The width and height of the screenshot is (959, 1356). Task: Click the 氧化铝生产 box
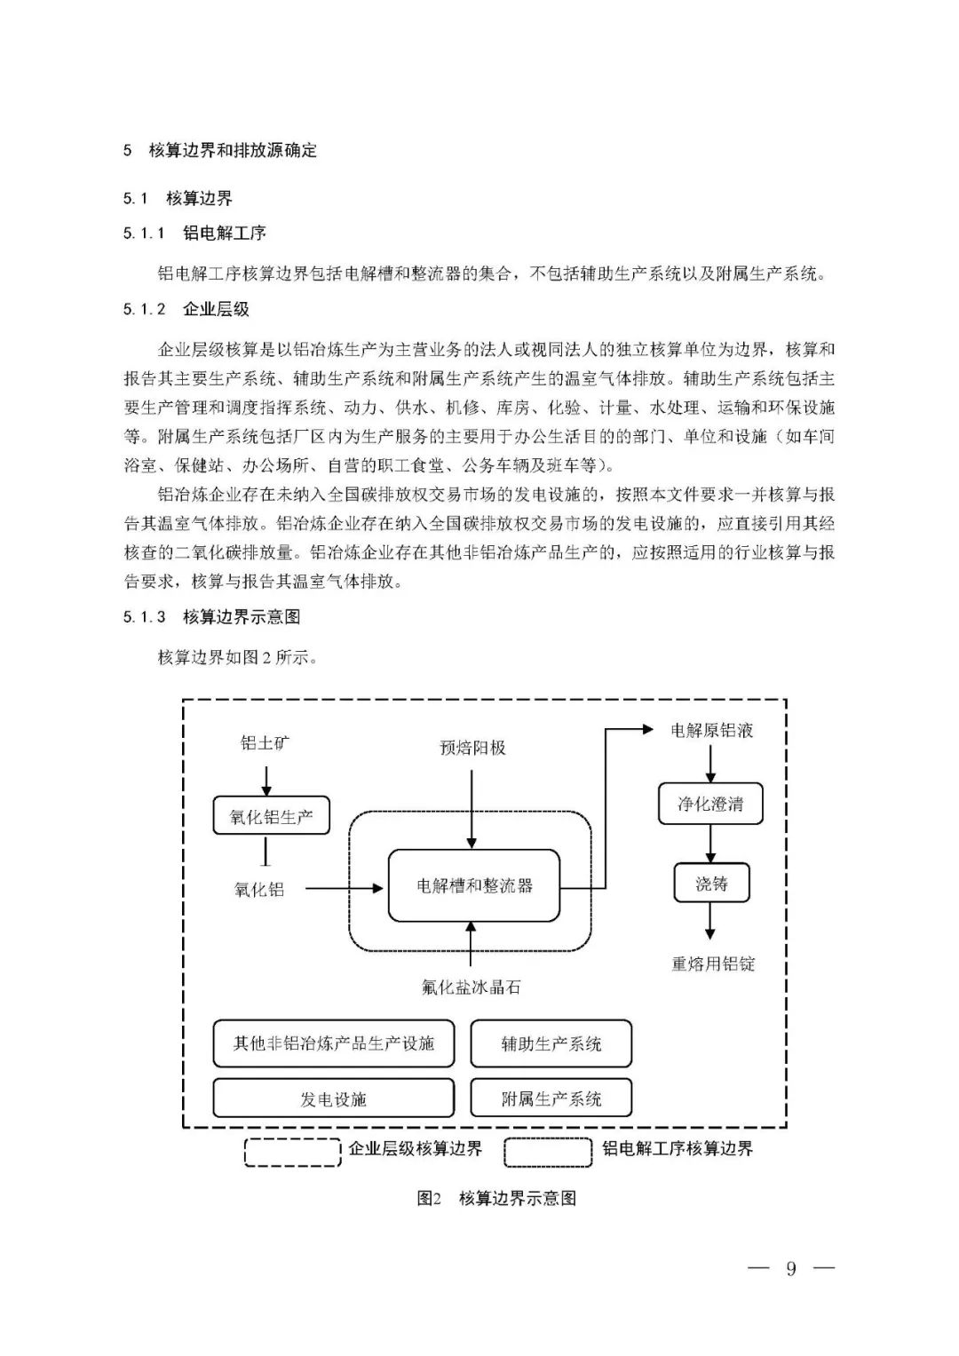click(271, 816)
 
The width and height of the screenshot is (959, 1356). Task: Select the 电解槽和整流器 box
click(474, 885)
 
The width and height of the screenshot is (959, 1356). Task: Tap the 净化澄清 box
click(709, 804)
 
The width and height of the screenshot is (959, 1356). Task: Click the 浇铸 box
click(711, 884)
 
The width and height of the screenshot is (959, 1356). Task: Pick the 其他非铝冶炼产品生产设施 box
click(334, 1043)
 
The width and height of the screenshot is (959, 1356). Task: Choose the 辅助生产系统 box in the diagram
click(551, 1043)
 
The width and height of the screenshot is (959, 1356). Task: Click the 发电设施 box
click(334, 1098)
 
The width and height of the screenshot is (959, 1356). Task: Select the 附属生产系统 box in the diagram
click(551, 1098)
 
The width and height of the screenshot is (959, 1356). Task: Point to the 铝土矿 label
click(265, 742)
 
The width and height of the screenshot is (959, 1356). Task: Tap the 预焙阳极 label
click(472, 748)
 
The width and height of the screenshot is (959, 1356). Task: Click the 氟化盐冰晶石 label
click(472, 987)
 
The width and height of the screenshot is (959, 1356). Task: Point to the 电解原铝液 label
click(711, 731)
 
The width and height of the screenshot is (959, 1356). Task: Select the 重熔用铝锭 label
click(713, 963)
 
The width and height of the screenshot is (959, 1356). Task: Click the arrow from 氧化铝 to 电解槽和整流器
click(341, 887)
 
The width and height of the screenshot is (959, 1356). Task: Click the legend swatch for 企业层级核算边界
click(292, 1151)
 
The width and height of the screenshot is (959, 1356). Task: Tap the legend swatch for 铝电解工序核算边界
click(548, 1151)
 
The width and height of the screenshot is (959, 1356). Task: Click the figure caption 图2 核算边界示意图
click(496, 1198)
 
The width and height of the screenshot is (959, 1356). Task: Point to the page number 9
click(790, 1268)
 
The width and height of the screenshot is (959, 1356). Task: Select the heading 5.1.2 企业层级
click(186, 309)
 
